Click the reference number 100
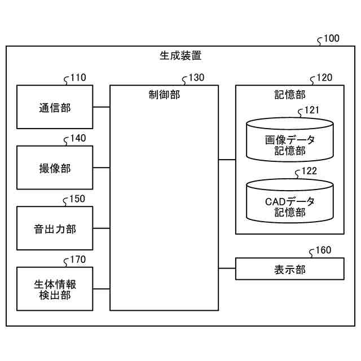332,38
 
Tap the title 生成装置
180,55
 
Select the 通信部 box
55,107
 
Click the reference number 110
78,78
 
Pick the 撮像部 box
55,168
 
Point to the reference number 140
78,138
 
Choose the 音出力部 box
55,228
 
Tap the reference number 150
77,199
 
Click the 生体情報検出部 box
55,289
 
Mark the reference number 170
78,259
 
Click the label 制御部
164,95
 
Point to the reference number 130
197,78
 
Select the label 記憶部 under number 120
290,95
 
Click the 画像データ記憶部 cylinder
290,140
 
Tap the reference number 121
312,110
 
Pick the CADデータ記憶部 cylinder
290,201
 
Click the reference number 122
309,171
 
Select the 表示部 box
290,268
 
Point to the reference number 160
323,250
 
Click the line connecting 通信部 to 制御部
102,107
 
